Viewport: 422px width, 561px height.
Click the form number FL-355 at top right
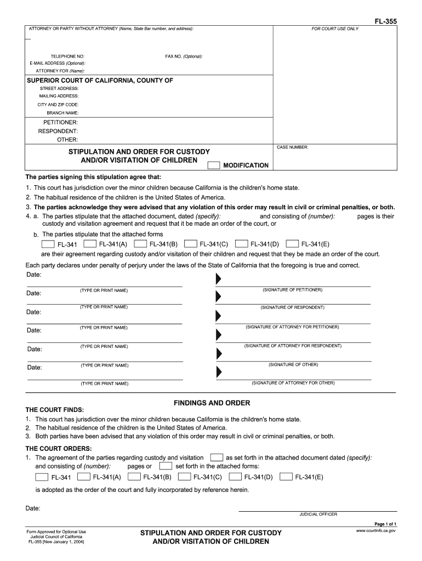(x=386, y=21)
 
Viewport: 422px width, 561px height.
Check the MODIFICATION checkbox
(x=214, y=165)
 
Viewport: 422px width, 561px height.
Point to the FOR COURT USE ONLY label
(x=335, y=28)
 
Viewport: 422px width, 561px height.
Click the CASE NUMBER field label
(x=293, y=147)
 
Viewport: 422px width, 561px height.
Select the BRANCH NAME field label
(x=62, y=113)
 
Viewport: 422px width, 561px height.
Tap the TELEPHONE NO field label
(x=67, y=56)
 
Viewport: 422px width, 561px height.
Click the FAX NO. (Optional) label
(x=184, y=56)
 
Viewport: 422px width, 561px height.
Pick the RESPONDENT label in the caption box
(x=58, y=131)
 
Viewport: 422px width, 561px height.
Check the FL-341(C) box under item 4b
(x=191, y=244)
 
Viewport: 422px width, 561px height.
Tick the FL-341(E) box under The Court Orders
(x=286, y=477)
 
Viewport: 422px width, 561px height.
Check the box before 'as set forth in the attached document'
(x=217, y=457)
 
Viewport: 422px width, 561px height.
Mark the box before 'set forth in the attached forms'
(x=166, y=466)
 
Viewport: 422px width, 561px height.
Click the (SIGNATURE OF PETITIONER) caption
(x=293, y=289)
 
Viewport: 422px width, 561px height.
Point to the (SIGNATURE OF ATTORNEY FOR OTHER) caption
(x=293, y=383)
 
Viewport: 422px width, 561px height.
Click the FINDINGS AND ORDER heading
(x=212, y=403)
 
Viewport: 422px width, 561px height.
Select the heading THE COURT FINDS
(x=55, y=410)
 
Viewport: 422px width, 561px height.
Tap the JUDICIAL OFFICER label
(x=318, y=514)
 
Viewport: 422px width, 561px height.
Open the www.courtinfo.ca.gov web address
(x=376, y=531)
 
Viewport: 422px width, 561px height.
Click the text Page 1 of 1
(x=385, y=524)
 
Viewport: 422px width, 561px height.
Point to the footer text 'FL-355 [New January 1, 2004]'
(x=55, y=542)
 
